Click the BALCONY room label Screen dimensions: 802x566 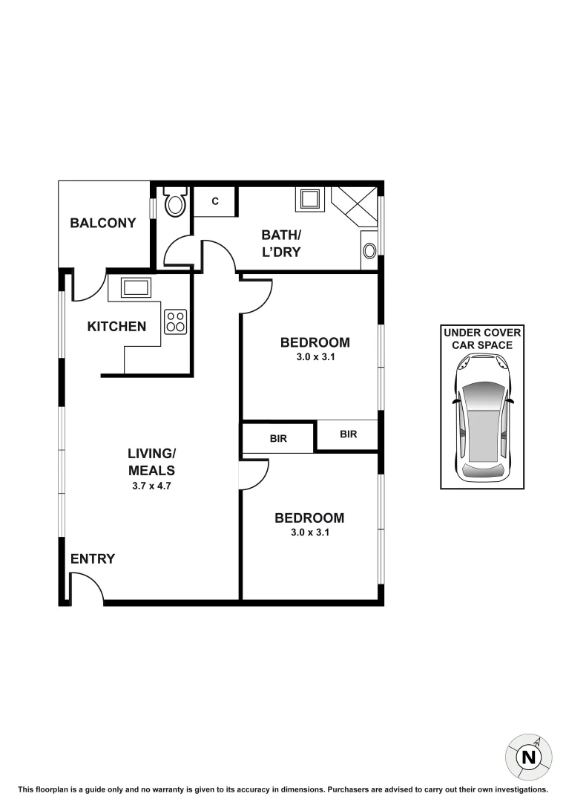coord(103,223)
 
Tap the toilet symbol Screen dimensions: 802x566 coord(175,203)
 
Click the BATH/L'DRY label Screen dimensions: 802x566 coord(281,244)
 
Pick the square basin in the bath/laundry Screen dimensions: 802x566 coord(309,199)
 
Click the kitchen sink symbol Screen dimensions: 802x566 coord(134,288)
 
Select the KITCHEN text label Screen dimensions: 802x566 coord(116,327)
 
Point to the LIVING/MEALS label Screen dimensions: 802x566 coord(151,462)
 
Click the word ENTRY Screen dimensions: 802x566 coord(93,559)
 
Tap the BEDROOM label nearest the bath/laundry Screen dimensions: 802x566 coord(315,342)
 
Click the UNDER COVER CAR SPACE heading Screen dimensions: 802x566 coord(483,339)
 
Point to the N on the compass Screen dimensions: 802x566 coord(528,757)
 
